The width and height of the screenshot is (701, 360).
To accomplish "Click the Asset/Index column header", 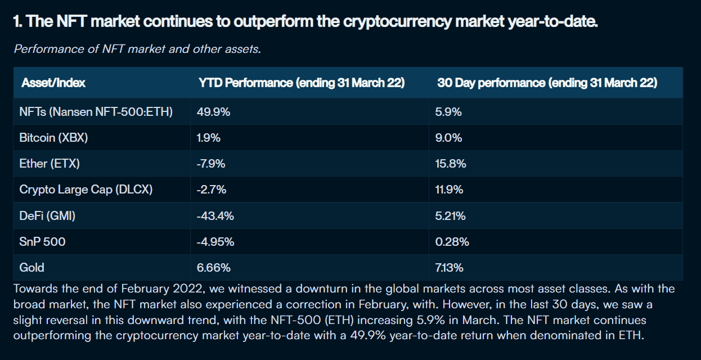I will (x=53, y=83).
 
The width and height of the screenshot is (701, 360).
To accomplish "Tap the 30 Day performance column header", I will (x=547, y=83).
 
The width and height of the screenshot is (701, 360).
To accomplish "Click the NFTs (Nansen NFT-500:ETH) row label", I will (x=96, y=112).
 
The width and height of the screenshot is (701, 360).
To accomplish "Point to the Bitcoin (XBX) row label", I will (x=53, y=138).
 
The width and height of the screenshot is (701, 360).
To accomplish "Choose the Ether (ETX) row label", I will (x=50, y=164).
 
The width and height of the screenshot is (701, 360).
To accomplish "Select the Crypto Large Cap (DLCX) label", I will (x=86, y=190).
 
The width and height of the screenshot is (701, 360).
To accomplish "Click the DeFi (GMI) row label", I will (x=47, y=215).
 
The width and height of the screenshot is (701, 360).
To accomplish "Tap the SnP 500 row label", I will (x=42, y=242).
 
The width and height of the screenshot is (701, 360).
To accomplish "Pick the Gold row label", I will (x=32, y=268).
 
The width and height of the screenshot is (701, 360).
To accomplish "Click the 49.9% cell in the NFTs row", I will (x=213, y=112).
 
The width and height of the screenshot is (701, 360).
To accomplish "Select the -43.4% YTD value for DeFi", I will (x=215, y=215).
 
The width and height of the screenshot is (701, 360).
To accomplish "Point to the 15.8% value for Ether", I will (x=451, y=164).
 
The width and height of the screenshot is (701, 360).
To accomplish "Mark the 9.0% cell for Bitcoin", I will (x=448, y=138).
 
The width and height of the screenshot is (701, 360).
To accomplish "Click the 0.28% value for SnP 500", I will (x=452, y=242).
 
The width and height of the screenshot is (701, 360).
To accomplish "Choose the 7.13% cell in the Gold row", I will (x=449, y=268).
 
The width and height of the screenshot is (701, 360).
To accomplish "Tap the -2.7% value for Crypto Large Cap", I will (x=212, y=190).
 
